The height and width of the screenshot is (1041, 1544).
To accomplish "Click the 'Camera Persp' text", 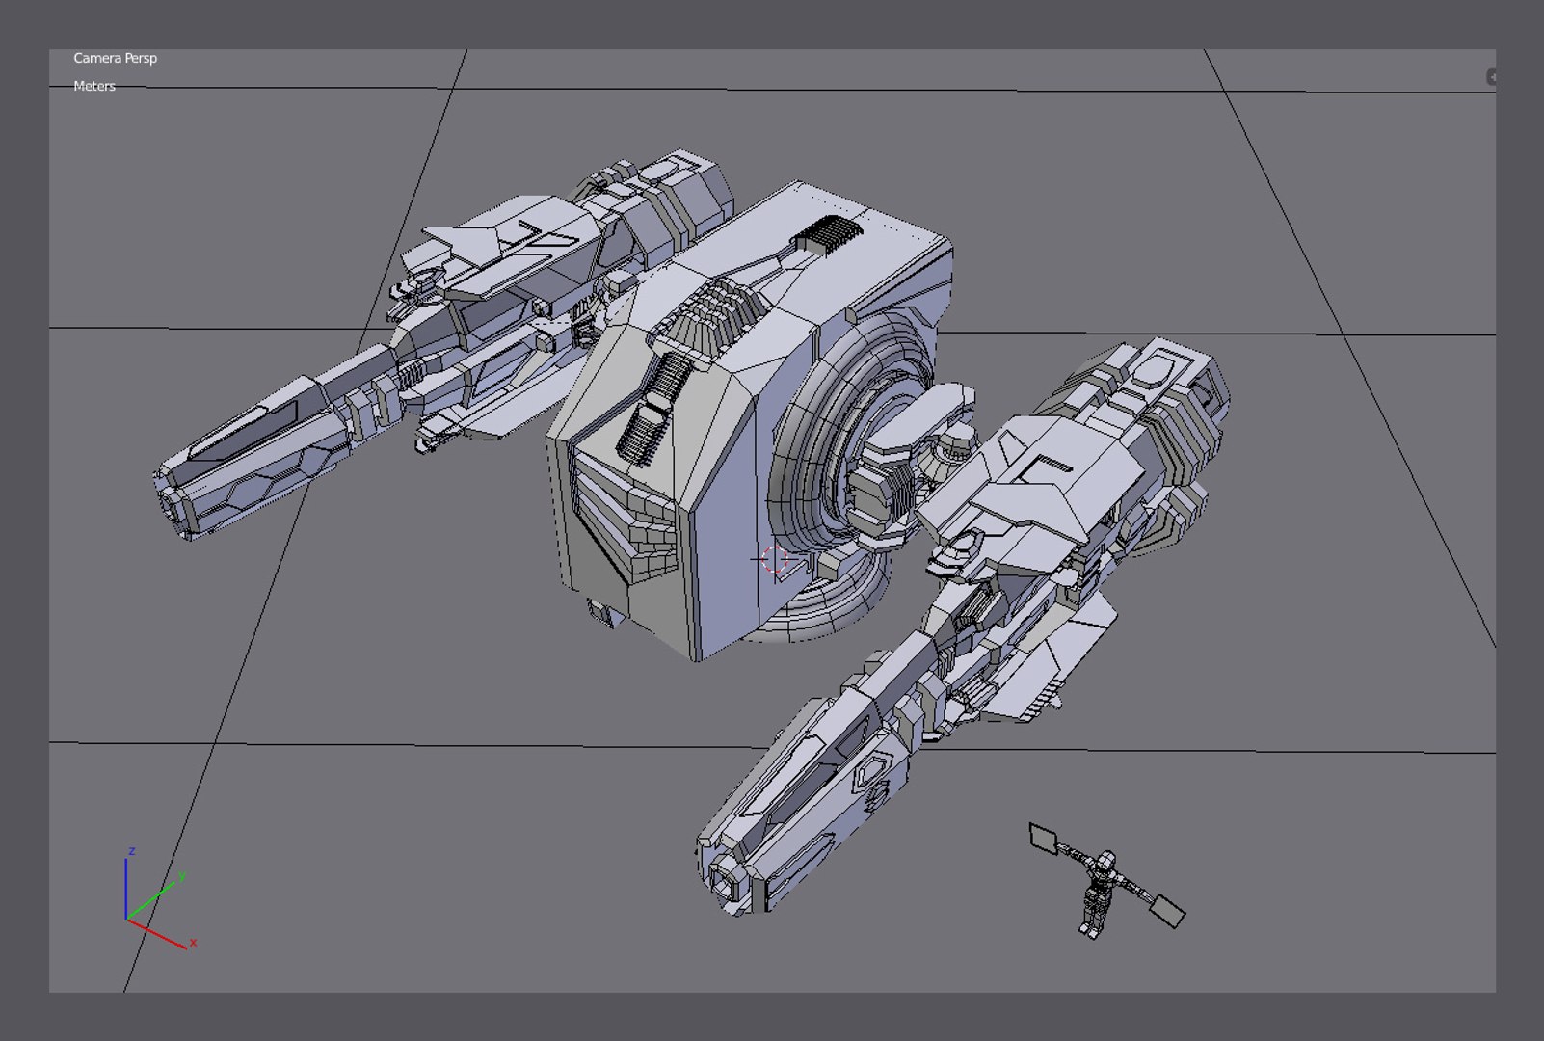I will pyautogui.click(x=115, y=58).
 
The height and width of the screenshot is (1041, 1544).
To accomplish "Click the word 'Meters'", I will pyautogui.click(x=94, y=86).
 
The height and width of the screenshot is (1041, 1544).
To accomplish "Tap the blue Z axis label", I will pyautogui.click(x=131, y=851).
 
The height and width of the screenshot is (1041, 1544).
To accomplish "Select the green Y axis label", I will pyautogui.click(x=181, y=876).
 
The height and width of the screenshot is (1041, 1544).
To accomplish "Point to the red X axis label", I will pyautogui.click(x=193, y=942).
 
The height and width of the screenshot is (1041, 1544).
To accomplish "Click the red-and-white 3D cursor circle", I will pyautogui.click(x=774, y=559).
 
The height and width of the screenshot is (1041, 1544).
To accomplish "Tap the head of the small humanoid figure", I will pyautogui.click(x=1107, y=858).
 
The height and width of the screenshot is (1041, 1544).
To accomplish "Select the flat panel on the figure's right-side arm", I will pyautogui.click(x=1168, y=910).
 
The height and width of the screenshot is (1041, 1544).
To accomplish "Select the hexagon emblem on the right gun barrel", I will pyautogui.click(x=872, y=771).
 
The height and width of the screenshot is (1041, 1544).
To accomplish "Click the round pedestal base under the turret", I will pyautogui.click(x=829, y=607).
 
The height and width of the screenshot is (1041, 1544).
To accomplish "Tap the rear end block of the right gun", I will pyautogui.click(x=1171, y=386).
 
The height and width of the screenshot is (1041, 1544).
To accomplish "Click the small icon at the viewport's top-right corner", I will pyautogui.click(x=1491, y=77).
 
